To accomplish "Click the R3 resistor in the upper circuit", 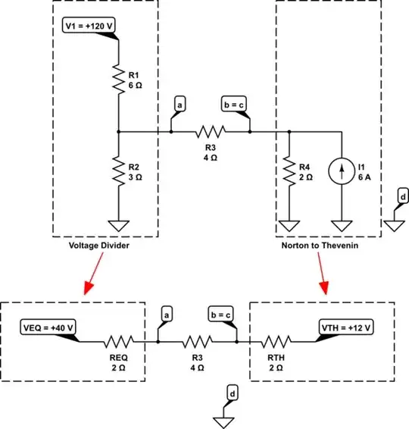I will (211, 131).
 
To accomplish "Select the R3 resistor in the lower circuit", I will (198, 342).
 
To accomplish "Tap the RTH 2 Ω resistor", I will (276, 342).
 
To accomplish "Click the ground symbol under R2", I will (119, 225).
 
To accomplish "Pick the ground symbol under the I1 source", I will (342, 225).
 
